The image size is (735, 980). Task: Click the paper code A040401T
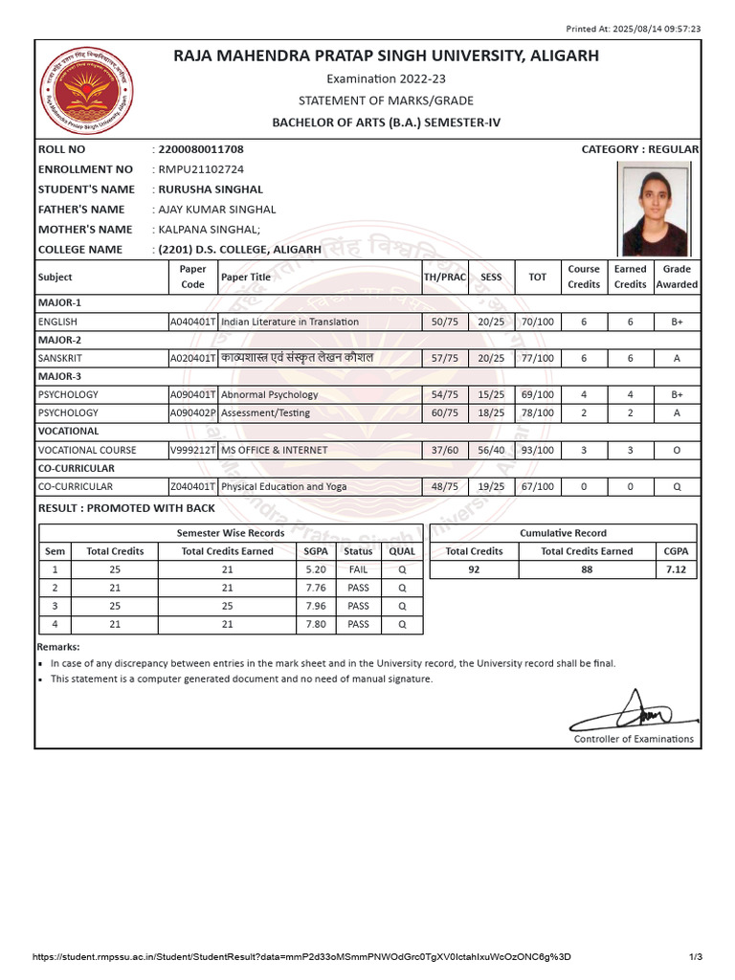[x=192, y=322]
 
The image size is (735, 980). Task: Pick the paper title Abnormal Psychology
[x=270, y=394]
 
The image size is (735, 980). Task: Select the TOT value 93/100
[x=538, y=450]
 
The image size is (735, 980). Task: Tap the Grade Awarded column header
[x=678, y=277]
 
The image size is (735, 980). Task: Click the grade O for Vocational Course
[x=678, y=450]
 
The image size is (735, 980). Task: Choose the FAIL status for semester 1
[x=358, y=569]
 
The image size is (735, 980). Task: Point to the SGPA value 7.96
[x=315, y=606]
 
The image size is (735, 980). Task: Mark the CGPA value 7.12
[x=676, y=569]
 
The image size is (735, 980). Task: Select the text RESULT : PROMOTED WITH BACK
[x=127, y=508]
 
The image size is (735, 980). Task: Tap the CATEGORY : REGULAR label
[x=639, y=149]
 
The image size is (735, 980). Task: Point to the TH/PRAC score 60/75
[x=445, y=412]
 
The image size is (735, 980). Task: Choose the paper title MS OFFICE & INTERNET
[x=275, y=450]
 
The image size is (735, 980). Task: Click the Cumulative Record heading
[x=563, y=533]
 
